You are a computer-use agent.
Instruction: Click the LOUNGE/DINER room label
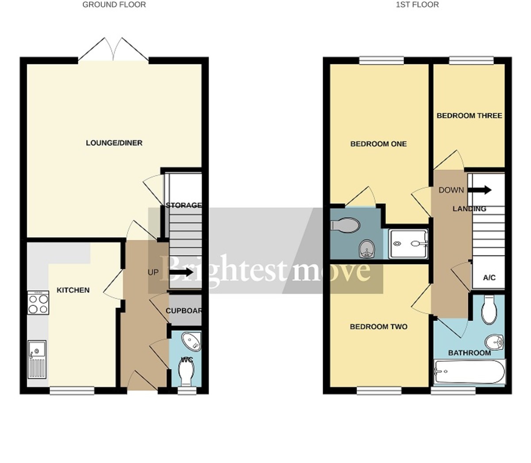[x=114, y=143]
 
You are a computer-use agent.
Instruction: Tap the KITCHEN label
[x=73, y=290]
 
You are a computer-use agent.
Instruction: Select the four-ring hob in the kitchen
[x=38, y=303]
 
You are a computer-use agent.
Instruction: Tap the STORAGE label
[x=184, y=205]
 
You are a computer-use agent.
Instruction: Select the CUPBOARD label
[x=184, y=311]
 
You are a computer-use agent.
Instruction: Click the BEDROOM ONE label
[x=378, y=144]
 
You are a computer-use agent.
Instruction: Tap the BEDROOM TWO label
[x=378, y=327]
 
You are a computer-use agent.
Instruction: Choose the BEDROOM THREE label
[x=469, y=116]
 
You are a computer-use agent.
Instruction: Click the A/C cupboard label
[x=489, y=278]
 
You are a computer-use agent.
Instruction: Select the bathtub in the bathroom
[x=469, y=372]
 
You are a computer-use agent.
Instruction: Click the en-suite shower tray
[x=408, y=243]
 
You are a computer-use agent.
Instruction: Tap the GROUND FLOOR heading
[x=114, y=5]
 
